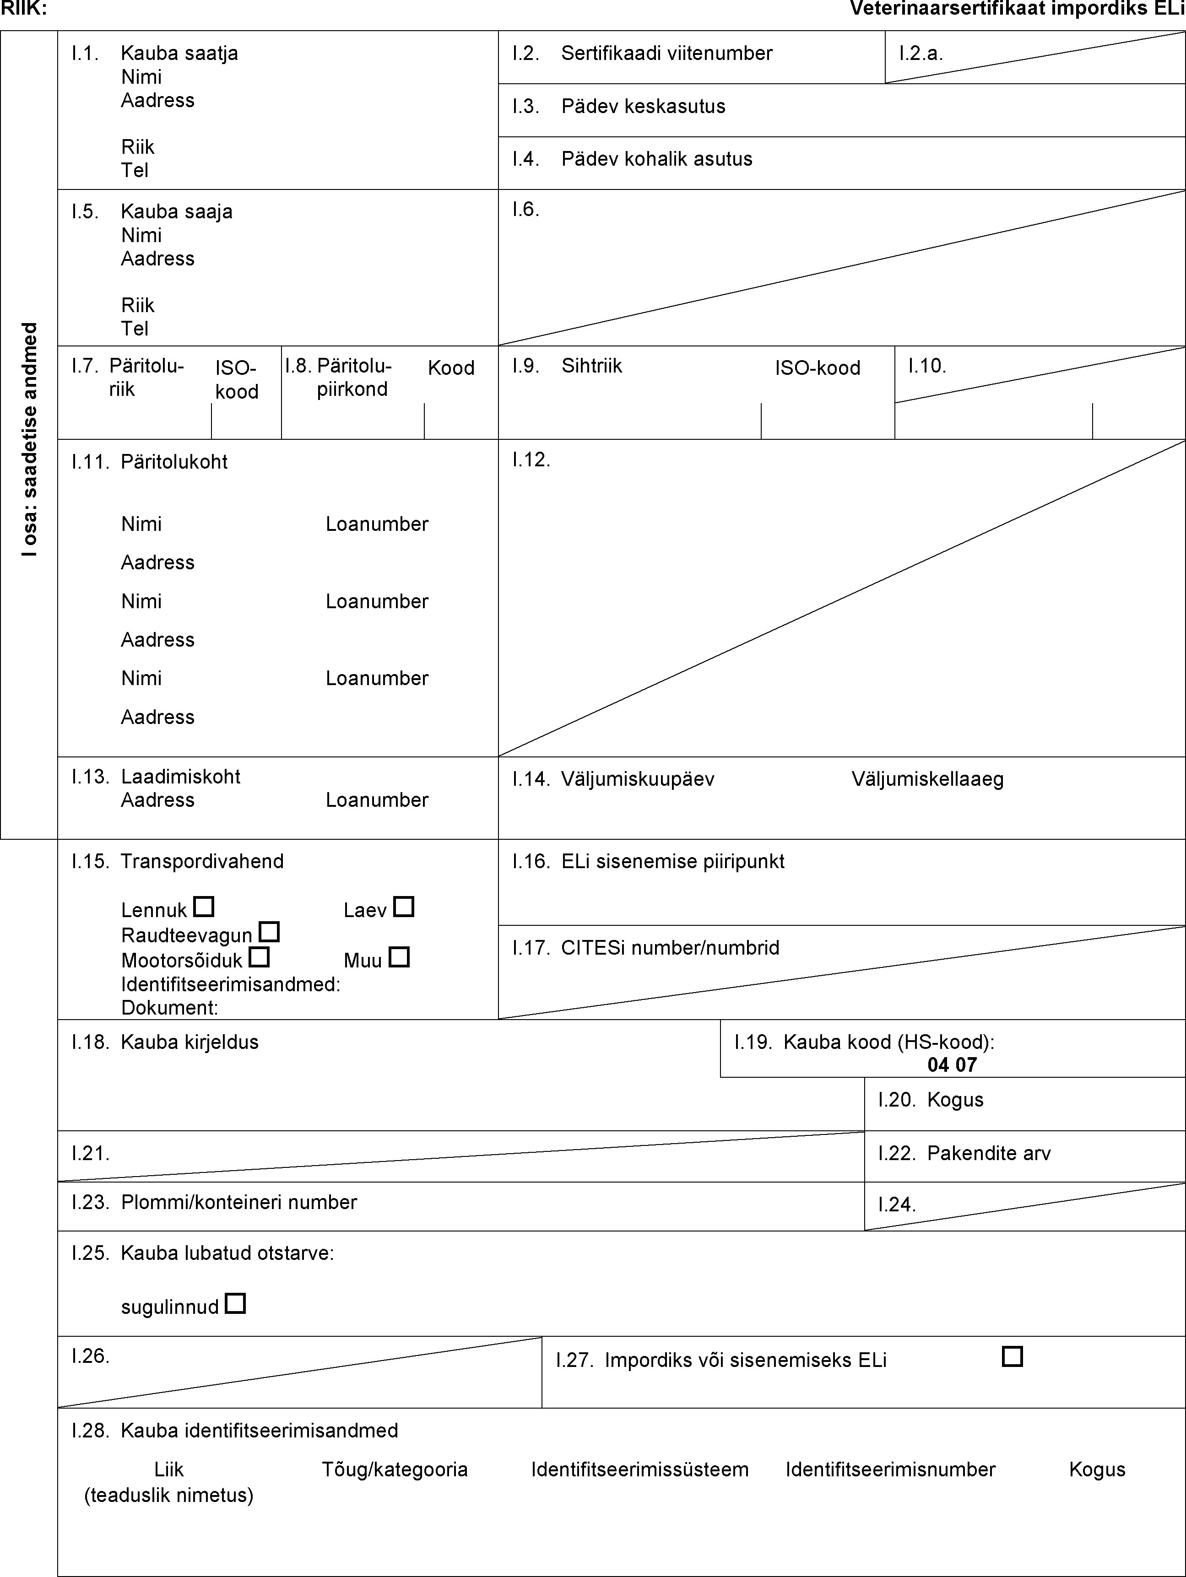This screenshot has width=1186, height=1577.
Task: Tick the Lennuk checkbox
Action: tap(204, 907)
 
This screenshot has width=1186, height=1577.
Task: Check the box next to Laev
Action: tap(404, 907)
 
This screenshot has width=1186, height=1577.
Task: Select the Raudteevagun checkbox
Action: tap(269, 932)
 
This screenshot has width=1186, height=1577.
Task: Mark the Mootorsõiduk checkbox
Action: tap(259, 957)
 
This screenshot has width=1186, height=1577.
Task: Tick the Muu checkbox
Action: tap(399, 957)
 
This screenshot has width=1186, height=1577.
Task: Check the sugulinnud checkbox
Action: tap(235, 1304)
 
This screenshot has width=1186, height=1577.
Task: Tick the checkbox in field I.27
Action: tap(1012, 1356)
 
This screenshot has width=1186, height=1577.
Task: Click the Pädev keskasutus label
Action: tap(643, 106)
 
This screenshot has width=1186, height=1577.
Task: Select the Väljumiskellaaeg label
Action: tap(927, 779)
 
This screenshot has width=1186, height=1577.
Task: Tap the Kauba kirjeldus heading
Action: tap(189, 1042)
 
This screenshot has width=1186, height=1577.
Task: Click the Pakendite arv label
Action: tap(988, 1154)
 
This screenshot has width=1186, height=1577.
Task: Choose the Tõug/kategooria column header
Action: tap(395, 1470)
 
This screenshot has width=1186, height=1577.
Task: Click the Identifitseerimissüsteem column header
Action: tap(640, 1470)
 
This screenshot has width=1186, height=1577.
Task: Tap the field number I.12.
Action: tap(531, 460)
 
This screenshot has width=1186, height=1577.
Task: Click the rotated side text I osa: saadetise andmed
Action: tap(29, 439)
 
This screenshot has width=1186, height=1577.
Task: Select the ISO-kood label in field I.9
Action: tap(817, 368)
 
